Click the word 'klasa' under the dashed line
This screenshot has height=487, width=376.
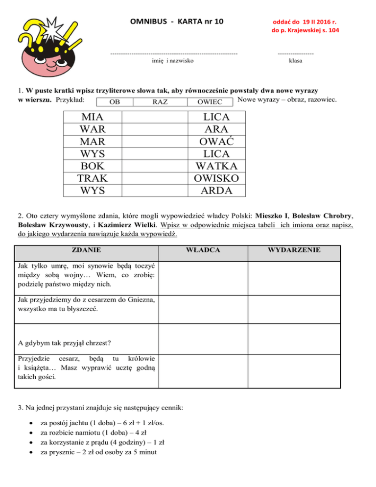coord(295,61)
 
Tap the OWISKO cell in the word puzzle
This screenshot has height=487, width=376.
coord(216,178)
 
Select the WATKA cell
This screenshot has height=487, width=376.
coord(216,166)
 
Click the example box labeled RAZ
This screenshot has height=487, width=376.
coord(161,102)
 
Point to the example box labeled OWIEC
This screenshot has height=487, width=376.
coord(209,102)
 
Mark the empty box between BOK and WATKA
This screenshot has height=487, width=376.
coord(154,166)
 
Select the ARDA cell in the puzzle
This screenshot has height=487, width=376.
coord(216,190)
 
